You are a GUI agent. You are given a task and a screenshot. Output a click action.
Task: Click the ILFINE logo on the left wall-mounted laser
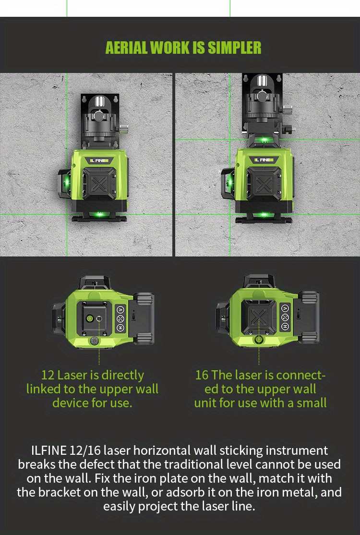pyautogui.click(x=99, y=160)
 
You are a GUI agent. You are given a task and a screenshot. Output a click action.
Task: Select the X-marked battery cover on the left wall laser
pyautogui.click(x=100, y=184)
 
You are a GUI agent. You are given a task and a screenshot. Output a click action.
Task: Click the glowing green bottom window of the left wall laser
pyautogui.click(x=100, y=214)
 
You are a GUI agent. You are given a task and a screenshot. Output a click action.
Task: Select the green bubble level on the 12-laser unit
pyautogui.click(x=89, y=318)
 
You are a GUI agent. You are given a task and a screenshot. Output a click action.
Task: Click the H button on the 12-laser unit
pyautogui.click(x=120, y=328)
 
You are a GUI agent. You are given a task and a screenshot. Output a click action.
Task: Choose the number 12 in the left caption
pyautogui.click(x=48, y=375)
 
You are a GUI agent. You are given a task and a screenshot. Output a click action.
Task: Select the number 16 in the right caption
pyautogui.click(x=202, y=375)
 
